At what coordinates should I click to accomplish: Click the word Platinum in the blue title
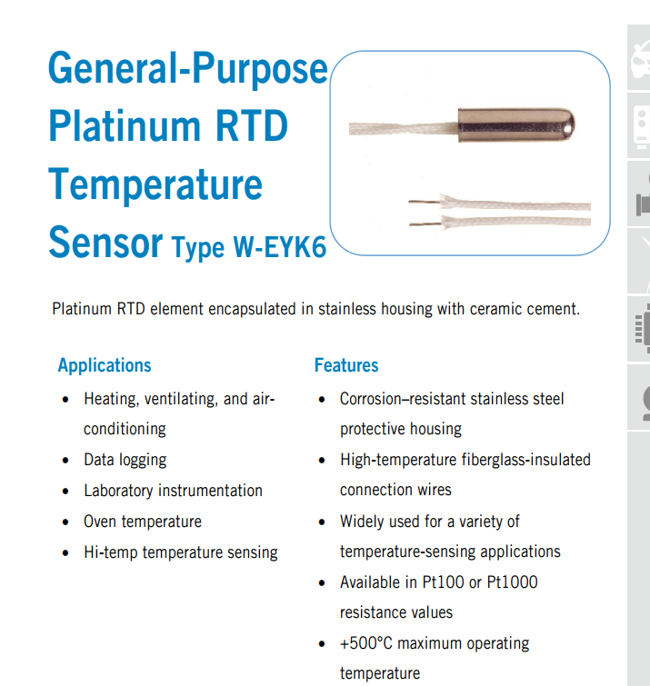(125, 126)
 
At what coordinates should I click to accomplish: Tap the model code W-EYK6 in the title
(280, 247)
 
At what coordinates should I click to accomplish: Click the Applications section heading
(105, 365)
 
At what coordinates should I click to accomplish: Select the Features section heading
(346, 365)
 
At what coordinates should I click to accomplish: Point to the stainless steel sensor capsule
(516, 124)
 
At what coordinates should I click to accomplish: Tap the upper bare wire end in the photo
(424, 202)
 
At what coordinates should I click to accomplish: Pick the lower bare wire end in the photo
(425, 224)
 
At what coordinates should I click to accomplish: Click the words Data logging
(125, 460)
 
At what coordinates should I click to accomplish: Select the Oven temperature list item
(143, 522)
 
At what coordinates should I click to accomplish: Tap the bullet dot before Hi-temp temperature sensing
(65, 553)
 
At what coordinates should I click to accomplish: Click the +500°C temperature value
(366, 643)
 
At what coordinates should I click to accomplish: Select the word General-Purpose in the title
(188, 69)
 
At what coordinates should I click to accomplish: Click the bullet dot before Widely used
(322, 522)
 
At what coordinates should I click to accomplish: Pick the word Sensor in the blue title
(105, 242)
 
